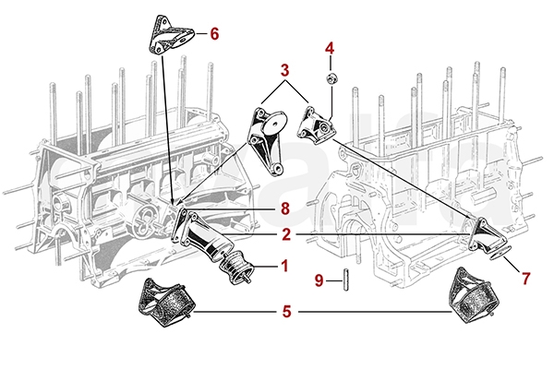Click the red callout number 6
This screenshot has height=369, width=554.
point(214,34)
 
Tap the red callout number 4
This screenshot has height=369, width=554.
point(330,47)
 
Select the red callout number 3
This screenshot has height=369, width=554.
point(285,69)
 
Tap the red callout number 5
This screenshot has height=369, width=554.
point(285,312)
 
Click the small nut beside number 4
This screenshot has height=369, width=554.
point(331,74)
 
